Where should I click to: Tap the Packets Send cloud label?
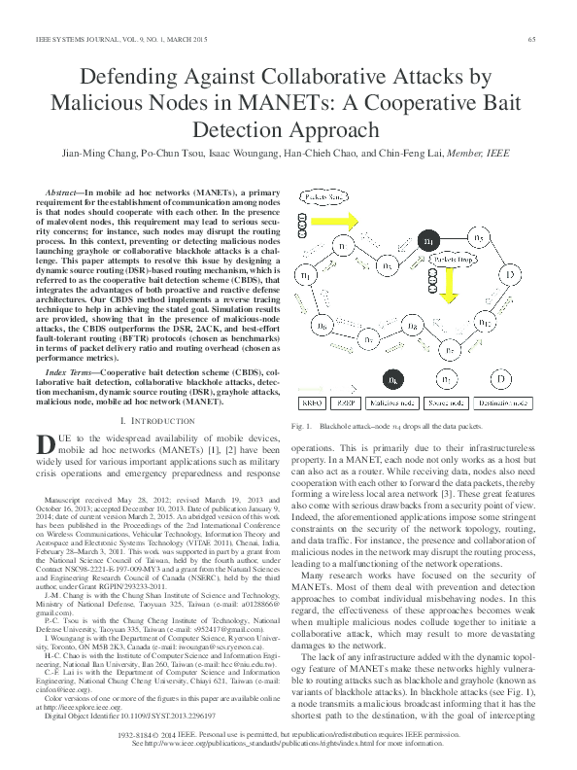click(x=324, y=197)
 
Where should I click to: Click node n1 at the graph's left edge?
click(x=307, y=277)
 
